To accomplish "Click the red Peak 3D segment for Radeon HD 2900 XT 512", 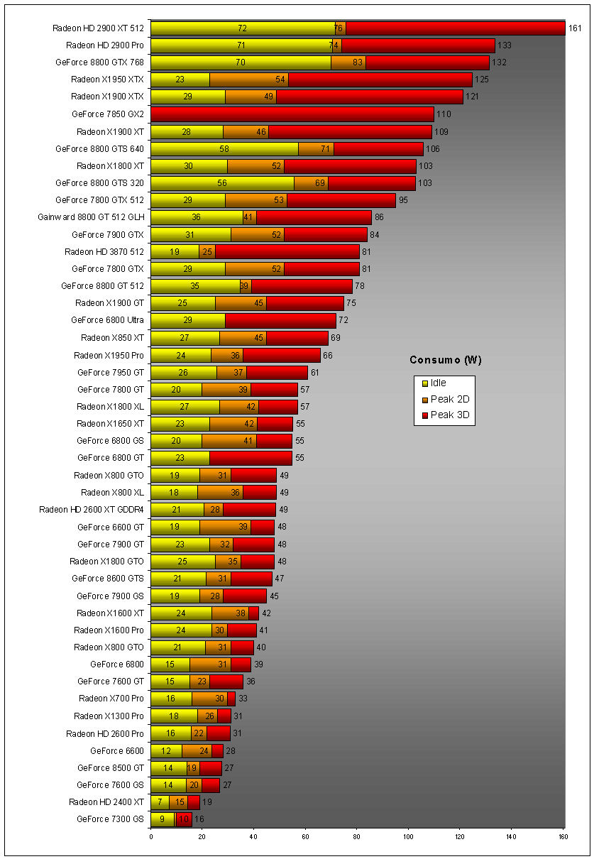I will [x=454, y=28].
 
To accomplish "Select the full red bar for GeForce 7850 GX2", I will [x=292, y=114].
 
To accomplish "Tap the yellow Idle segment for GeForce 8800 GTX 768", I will [x=241, y=62].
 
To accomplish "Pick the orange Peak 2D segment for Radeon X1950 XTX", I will [x=248, y=80].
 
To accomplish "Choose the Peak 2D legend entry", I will [x=445, y=399].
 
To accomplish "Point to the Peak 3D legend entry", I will [x=445, y=415].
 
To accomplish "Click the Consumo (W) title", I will [x=445, y=360].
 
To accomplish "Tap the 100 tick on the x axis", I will [x=408, y=836].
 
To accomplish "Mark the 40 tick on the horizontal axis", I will [x=254, y=836].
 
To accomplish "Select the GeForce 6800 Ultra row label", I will [x=107, y=320].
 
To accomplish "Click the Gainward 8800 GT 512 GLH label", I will [x=91, y=217].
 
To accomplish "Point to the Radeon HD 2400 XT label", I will [x=106, y=802].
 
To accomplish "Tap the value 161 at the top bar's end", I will [x=575, y=28].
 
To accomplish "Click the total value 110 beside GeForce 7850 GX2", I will [x=444, y=114].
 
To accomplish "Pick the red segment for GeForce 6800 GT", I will [x=251, y=458].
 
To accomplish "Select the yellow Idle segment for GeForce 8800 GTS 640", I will [x=224, y=148].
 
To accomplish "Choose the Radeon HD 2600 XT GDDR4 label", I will [x=92, y=510].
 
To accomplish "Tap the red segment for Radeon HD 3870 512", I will [x=287, y=251].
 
